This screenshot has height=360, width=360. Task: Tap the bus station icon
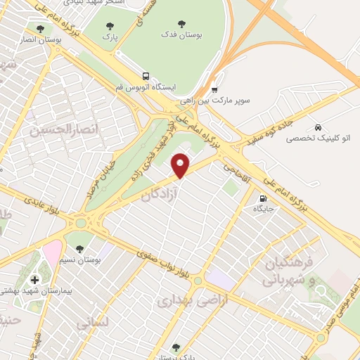[x=146, y=75]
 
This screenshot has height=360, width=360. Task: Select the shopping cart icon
[x=215, y=89]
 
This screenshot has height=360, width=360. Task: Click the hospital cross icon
[x=35, y=280]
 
